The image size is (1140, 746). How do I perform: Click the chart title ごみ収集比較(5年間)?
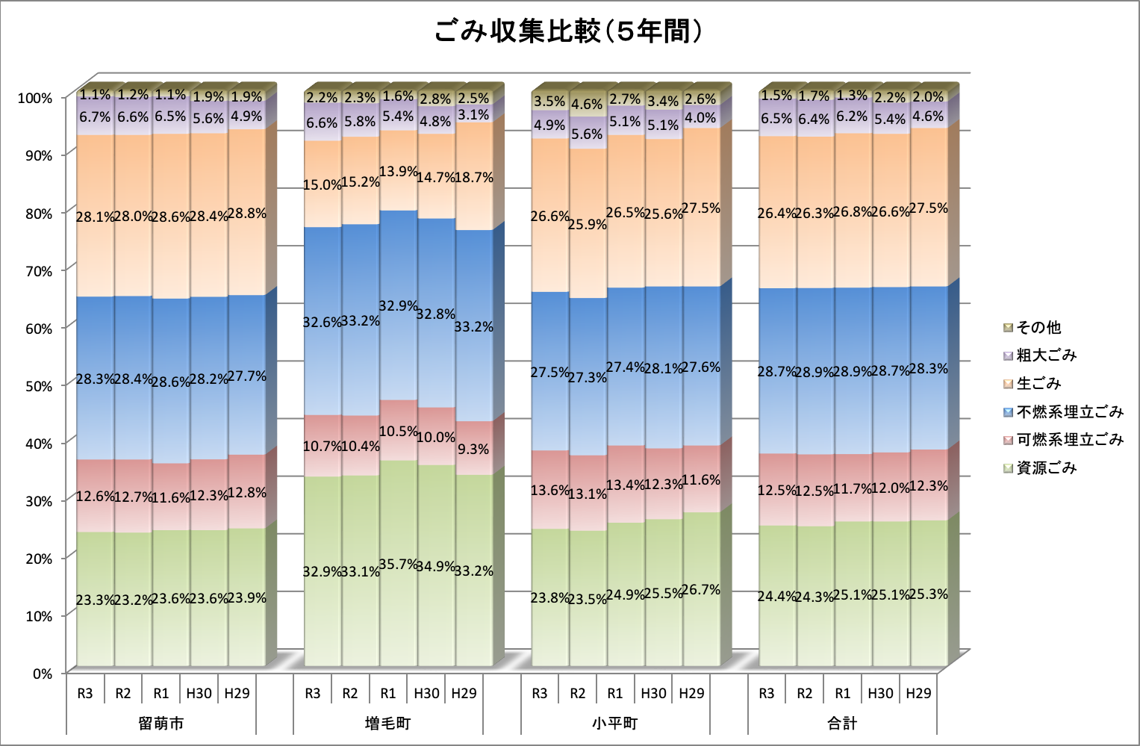click(x=569, y=32)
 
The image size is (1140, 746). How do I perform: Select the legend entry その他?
click(x=1038, y=328)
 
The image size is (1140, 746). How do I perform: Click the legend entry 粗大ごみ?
click(x=1046, y=355)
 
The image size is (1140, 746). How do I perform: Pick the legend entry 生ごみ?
click(x=1038, y=384)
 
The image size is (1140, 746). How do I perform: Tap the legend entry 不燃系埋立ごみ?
click(x=1069, y=412)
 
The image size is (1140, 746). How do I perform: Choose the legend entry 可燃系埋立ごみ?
click(x=1069, y=440)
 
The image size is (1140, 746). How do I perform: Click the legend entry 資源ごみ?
click(x=1046, y=468)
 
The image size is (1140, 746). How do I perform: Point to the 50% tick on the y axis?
click(x=35, y=386)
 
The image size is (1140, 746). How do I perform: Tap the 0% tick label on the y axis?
click(x=40, y=674)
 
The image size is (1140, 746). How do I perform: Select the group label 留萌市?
click(x=161, y=724)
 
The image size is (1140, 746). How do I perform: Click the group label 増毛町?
click(x=388, y=724)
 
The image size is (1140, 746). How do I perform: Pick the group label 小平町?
click(x=615, y=724)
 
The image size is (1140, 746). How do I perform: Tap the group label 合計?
click(x=842, y=724)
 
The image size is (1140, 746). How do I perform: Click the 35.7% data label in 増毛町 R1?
click(x=398, y=565)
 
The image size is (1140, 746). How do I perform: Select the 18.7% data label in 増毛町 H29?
click(x=474, y=178)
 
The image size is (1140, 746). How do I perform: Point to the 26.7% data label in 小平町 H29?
click(x=701, y=590)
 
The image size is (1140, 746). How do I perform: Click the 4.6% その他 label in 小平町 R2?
click(x=587, y=105)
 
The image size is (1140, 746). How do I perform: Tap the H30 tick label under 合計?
click(x=880, y=694)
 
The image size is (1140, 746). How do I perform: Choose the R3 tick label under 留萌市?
click(x=85, y=694)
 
